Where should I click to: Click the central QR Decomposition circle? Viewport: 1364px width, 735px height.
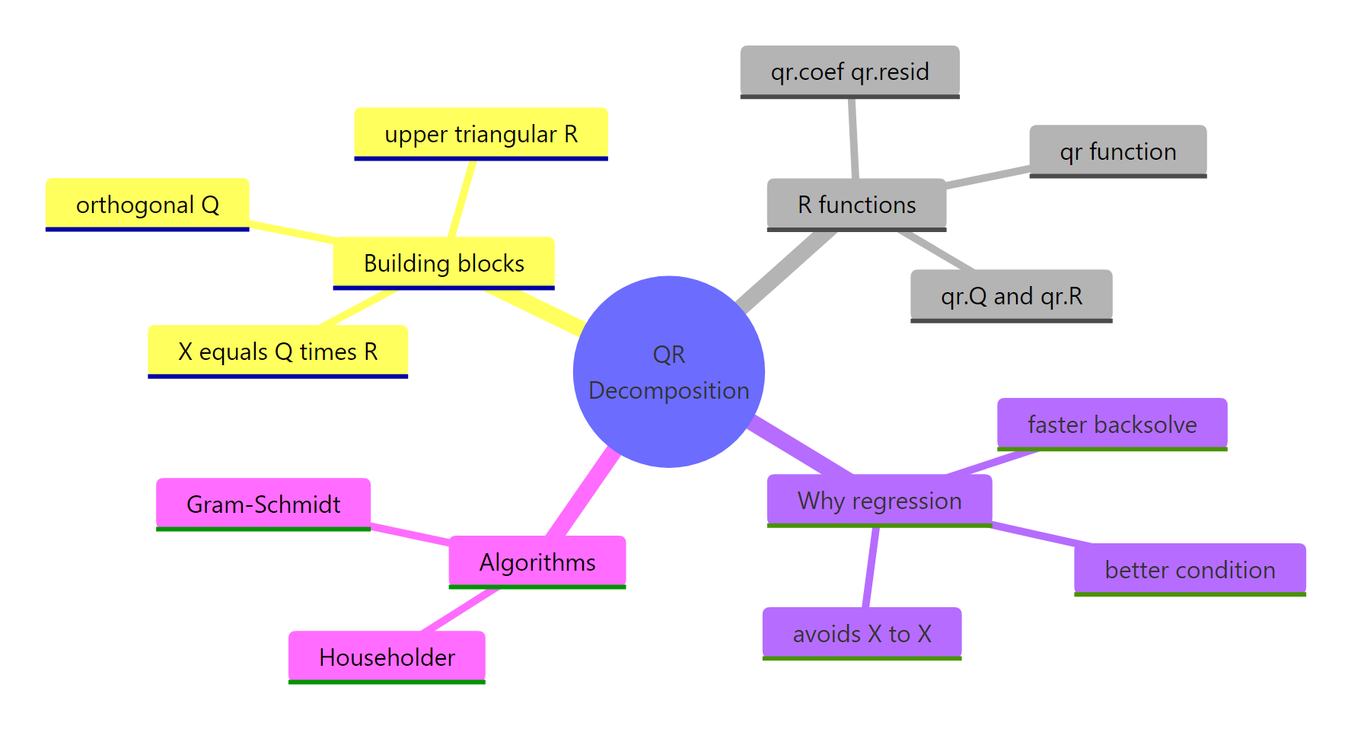click(668, 371)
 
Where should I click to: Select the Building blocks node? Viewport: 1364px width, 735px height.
click(444, 263)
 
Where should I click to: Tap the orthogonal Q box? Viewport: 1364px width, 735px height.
click(147, 205)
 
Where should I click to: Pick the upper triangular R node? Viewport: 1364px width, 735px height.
click(480, 134)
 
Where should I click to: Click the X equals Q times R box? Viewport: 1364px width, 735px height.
click(278, 352)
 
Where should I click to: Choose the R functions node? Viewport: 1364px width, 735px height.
click(856, 205)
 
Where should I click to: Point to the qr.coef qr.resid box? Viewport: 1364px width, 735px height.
click(849, 72)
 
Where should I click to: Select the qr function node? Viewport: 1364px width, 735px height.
click(1117, 151)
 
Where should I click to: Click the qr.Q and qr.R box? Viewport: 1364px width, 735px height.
click(1011, 296)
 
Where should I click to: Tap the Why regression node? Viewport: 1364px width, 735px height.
click(879, 501)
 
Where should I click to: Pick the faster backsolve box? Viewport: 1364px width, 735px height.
click(1111, 425)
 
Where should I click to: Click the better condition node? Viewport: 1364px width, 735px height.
click(1189, 570)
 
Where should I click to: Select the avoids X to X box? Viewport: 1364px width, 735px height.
click(862, 634)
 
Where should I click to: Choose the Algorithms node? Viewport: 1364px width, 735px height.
click(537, 562)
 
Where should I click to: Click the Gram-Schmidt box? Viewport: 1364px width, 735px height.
click(263, 504)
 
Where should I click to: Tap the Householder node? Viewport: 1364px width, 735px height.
click(387, 657)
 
